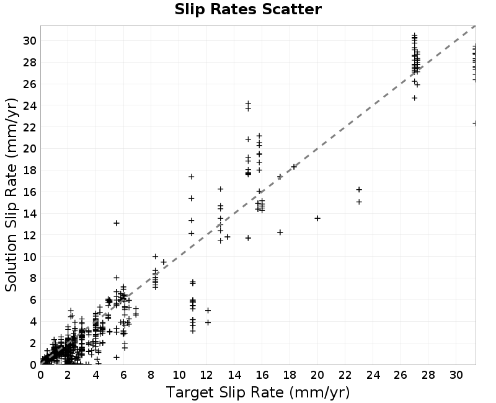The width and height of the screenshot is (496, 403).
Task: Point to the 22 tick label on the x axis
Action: [345, 375]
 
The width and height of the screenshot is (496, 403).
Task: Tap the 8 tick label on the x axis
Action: [151, 375]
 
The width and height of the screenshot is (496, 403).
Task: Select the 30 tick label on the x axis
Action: [456, 375]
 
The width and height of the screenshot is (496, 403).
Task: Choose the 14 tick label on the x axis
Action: [234, 375]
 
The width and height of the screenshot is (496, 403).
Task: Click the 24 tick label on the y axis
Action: [30, 105]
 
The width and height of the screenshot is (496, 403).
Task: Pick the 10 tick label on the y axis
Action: [30, 257]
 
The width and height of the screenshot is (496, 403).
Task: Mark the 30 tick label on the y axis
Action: [30, 41]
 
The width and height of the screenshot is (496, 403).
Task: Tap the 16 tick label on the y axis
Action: [30, 192]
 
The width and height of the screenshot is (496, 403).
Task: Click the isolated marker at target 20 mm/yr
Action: [317, 218]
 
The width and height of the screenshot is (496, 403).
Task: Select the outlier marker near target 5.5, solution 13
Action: [117, 223]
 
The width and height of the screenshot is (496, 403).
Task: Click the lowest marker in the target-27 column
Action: [414, 98]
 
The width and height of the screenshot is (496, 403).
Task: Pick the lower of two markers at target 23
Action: [359, 202]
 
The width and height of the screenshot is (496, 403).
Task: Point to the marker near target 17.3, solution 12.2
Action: [280, 232]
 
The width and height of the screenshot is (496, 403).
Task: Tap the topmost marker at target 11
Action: [192, 177]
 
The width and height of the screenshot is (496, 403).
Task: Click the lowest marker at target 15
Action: [249, 238]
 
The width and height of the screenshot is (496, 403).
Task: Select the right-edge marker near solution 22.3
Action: [474, 123]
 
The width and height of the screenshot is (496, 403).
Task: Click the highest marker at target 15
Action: [249, 103]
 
